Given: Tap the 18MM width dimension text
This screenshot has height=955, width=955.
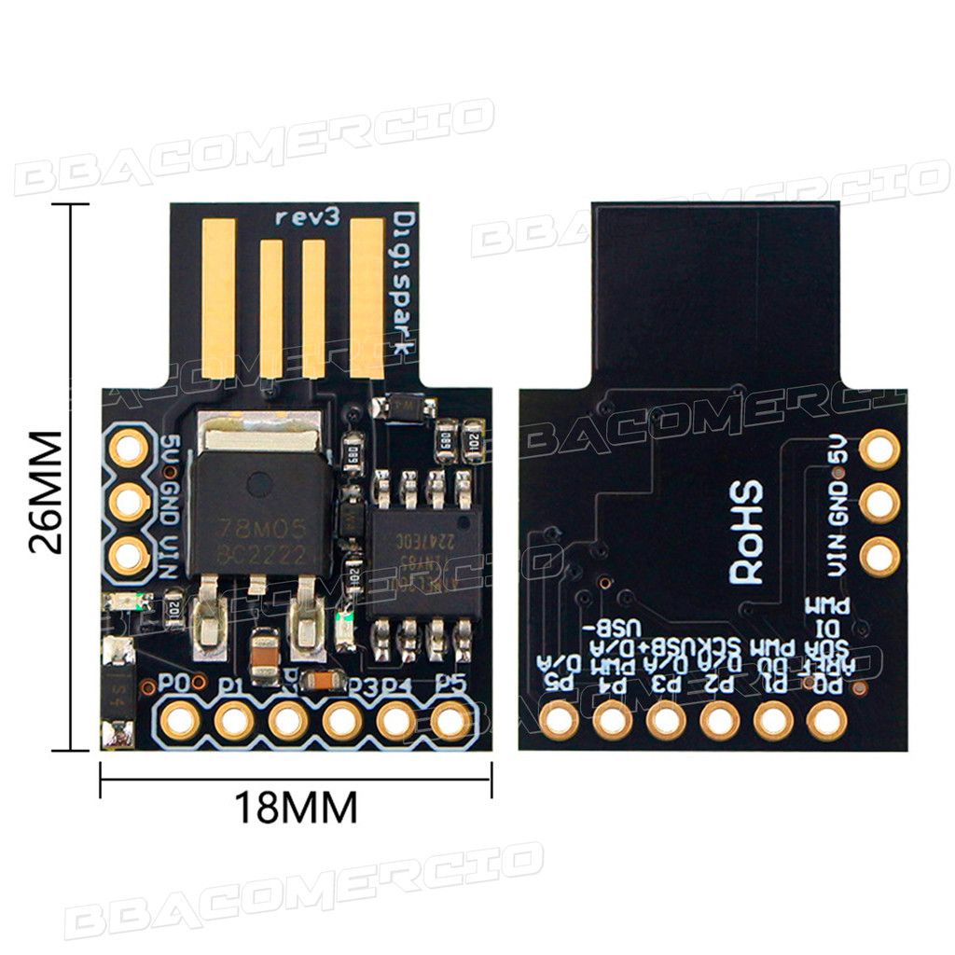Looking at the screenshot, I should [295, 807].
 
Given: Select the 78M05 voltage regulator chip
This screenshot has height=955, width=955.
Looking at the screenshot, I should [258, 518].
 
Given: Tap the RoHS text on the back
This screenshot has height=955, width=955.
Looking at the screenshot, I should [746, 533].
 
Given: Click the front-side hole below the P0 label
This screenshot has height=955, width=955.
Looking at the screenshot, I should [178, 720].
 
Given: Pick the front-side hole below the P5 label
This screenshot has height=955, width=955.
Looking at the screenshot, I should [450, 720].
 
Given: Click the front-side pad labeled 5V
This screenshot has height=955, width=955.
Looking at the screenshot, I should [128, 449].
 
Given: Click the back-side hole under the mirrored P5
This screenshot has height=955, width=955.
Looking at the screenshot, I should [561, 719].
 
